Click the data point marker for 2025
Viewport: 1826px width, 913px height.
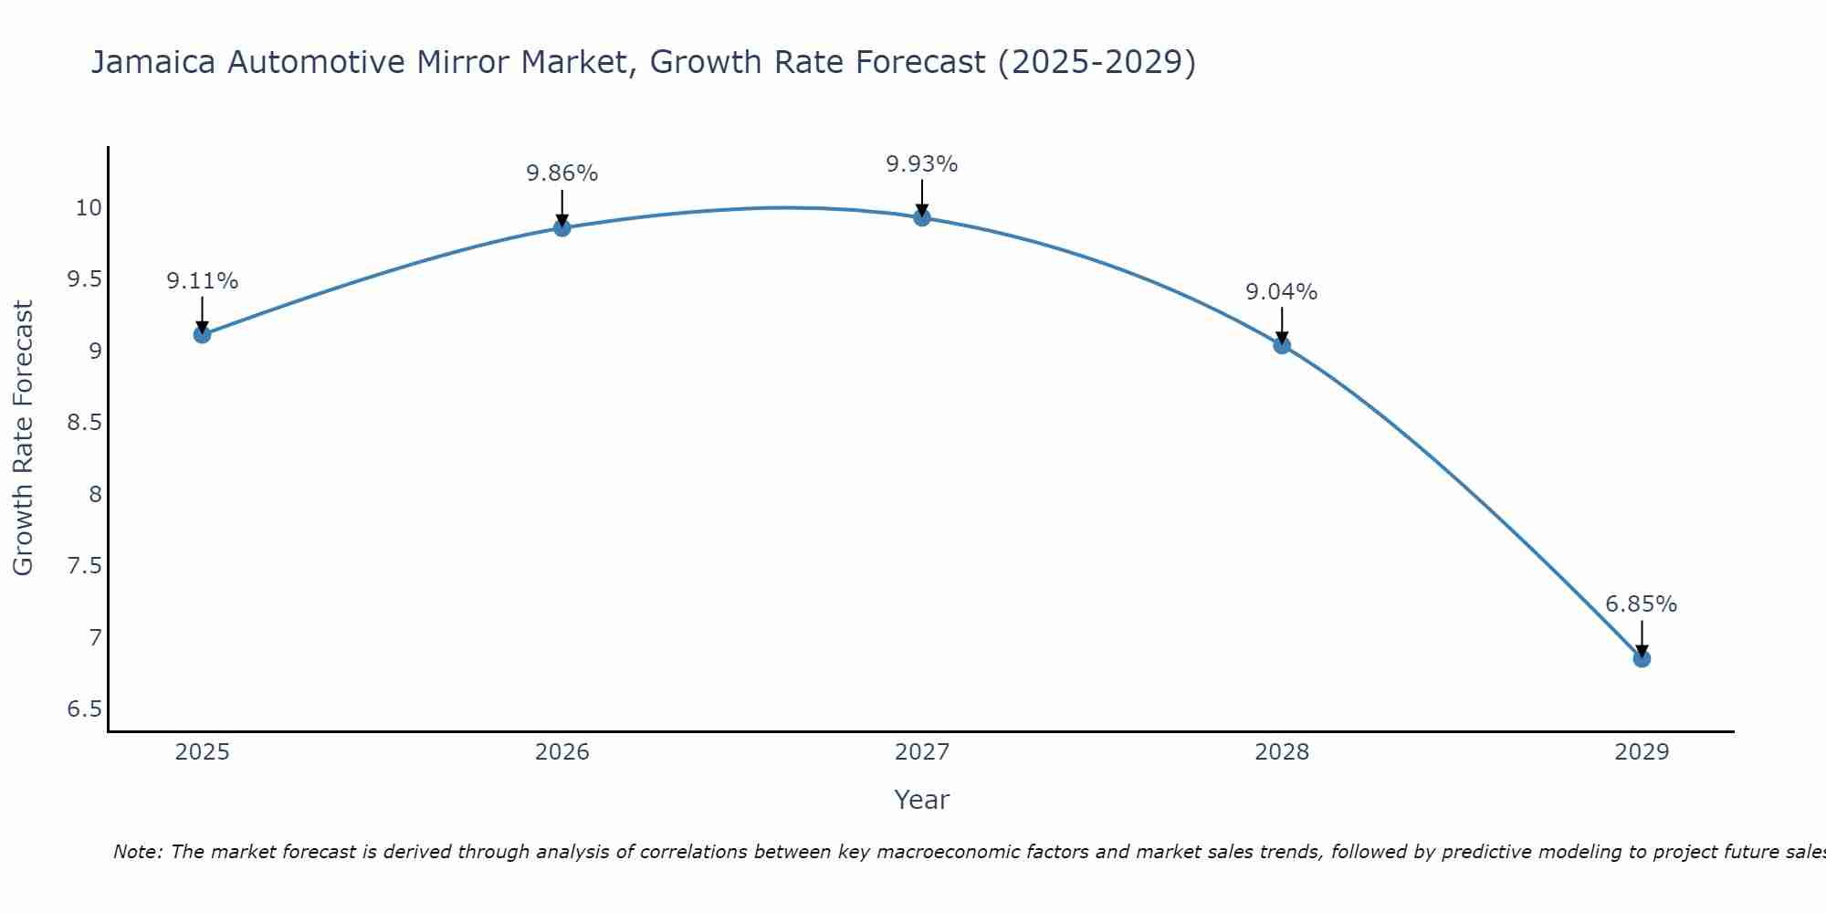tap(203, 334)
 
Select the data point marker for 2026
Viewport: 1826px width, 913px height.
tap(562, 227)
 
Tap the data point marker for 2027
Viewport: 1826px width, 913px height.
tap(922, 217)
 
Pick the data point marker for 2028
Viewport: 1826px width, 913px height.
tap(1282, 345)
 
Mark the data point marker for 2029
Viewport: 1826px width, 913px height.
tap(1642, 658)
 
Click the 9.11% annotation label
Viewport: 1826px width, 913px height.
tap(203, 281)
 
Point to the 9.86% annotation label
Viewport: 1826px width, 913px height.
tap(562, 173)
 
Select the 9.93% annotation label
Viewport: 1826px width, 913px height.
tap(922, 164)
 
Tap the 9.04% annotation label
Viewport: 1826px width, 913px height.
tap(1282, 292)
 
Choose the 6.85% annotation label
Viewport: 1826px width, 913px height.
tap(1642, 604)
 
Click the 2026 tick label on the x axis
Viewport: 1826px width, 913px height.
tap(562, 752)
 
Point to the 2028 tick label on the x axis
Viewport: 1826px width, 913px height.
tap(1282, 752)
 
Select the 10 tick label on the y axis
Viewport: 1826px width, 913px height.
tap(89, 208)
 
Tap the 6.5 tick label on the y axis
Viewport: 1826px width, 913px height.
tap(85, 709)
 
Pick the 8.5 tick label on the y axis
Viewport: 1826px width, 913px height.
tap(85, 423)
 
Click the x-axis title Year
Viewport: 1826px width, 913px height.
tap(922, 800)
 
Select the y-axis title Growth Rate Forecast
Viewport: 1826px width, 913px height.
tap(24, 438)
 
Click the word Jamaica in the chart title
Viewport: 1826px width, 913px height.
tap(153, 62)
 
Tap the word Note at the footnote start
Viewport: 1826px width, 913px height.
tap(137, 852)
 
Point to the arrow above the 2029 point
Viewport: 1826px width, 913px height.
tap(1642, 637)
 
